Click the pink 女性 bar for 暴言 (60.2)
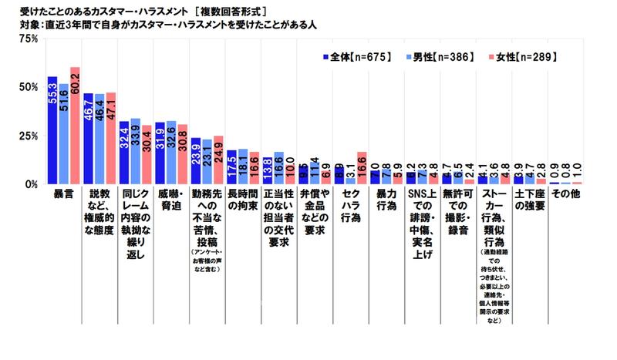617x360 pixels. click(x=75, y=127)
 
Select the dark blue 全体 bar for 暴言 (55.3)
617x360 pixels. click(x=52, y=131)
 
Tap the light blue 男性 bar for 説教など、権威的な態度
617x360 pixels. click(x=99, y=140)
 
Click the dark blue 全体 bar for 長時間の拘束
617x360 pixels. click(x=231, y=168)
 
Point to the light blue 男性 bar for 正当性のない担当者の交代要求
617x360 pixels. click(x=279, y=169)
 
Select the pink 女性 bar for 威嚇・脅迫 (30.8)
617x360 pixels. click(x=183, y=155)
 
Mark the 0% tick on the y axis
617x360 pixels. click(x=29, y=184)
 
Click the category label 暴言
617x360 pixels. click(x=63, y=197)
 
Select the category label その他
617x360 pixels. click(x=568, y=197)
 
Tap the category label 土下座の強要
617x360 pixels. click(x=531, y=202)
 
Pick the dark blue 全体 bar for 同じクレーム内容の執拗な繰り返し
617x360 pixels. click(x=124, y=153)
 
